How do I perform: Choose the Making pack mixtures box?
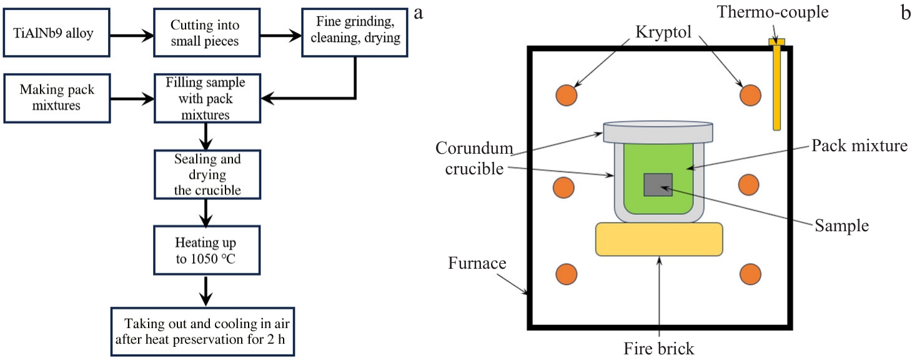57,97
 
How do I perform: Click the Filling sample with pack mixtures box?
206,98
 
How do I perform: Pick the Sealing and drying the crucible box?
206,174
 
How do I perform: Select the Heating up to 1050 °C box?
206,249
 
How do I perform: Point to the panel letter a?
418,12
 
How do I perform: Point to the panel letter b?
906,12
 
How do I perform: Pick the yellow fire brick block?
659,239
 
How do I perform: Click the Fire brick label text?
660,347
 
